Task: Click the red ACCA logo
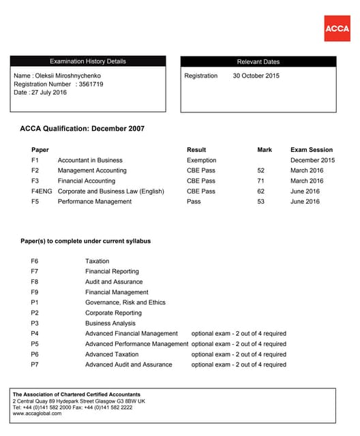coord(337,28)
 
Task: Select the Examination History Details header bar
coord(87,61)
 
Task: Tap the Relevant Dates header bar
coord(258,61)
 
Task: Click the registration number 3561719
coord(90,84)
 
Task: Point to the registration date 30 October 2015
coord(256,76)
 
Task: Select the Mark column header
coord(265,150)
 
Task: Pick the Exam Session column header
coord(312,150)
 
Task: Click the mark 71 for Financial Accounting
coord(260,181)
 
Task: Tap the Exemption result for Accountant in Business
coord(201,160)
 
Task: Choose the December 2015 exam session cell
coord(313,160)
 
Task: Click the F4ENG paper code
coord(41,191)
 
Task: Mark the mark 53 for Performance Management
coord(260,202)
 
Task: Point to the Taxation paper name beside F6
coord(97,261)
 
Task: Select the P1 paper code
coord(35,302)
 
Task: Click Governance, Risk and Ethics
coord(125,302)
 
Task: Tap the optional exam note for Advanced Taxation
coord(239,354)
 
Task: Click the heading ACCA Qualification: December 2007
coord(82,129)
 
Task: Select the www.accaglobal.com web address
coord(37,414)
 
